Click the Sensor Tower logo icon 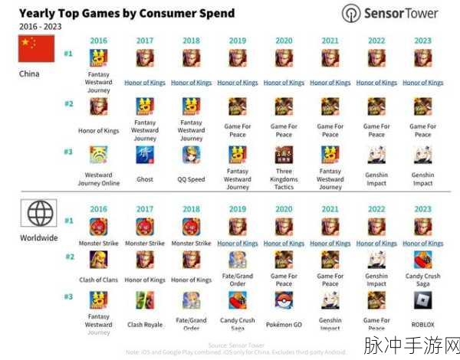click(x=351, y=14)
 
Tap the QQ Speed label click(x=191, y=179)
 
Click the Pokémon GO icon click(x=284, y=299)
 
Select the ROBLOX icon click(x=422, y=299)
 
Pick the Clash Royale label click(x=145, y=325)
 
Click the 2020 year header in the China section click(x=284, y=40)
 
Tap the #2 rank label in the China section click(x=68, y=103)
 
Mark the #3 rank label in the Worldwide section click(x=68, y=296)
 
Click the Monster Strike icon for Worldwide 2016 click(x=98, y=226)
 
